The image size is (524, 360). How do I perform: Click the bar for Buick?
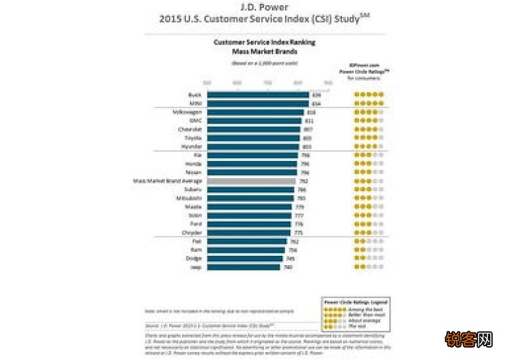[x=257, y=95]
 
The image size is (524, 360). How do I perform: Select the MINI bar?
[x=257, y=103]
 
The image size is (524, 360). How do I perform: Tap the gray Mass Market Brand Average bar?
[x=252, y=181]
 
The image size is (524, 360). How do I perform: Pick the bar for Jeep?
[x=244, y=267]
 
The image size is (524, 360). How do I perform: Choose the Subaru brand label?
[x=193, y=190]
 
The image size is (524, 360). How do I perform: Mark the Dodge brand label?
[x=195, y=259]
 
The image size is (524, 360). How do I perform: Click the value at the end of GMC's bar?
[x=309, y=121]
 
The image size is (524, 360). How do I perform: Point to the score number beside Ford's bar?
[x=299, y=224]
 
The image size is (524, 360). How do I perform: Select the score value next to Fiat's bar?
[x=294, y=242]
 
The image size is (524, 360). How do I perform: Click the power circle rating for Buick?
[x=369, y=95]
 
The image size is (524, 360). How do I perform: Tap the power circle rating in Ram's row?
[x=369, y=250]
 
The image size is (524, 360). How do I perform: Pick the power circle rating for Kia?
[x=369, y=155]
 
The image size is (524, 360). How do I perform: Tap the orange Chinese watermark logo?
[x=468, y=339]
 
